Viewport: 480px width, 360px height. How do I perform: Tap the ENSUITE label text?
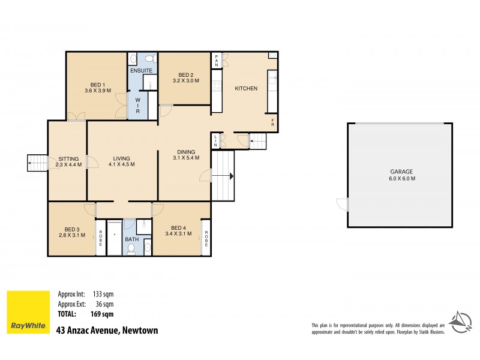[x=142, y=70]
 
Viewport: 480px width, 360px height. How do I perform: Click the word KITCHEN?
[x=246, y=89]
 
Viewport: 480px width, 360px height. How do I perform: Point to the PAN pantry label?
[x=217, y=60]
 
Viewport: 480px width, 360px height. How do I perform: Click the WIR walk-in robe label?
[x=137, y=106]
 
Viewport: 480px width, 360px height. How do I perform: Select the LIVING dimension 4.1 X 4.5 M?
[x=122, y=164]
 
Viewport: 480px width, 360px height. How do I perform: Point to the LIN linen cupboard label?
[x=215, y=141]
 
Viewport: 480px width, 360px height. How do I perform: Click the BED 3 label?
[x=68, y=227]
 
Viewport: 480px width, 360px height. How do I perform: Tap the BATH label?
[x=132, y=239]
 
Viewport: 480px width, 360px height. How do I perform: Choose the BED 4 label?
[x=178, y=227]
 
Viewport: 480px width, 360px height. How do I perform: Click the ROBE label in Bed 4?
[x=205, y=240]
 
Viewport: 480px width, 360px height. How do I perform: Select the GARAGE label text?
[x=402, y=172]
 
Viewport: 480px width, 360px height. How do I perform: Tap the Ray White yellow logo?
[x=28, y=313]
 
